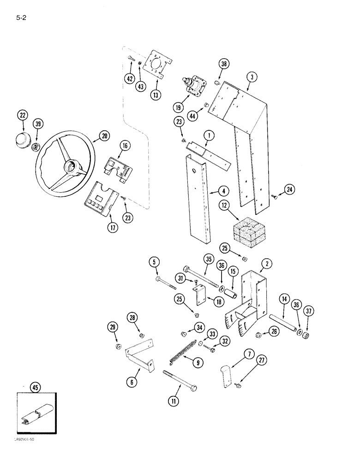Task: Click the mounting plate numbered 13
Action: point(156,69)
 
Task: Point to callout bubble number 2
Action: point(266,264)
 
